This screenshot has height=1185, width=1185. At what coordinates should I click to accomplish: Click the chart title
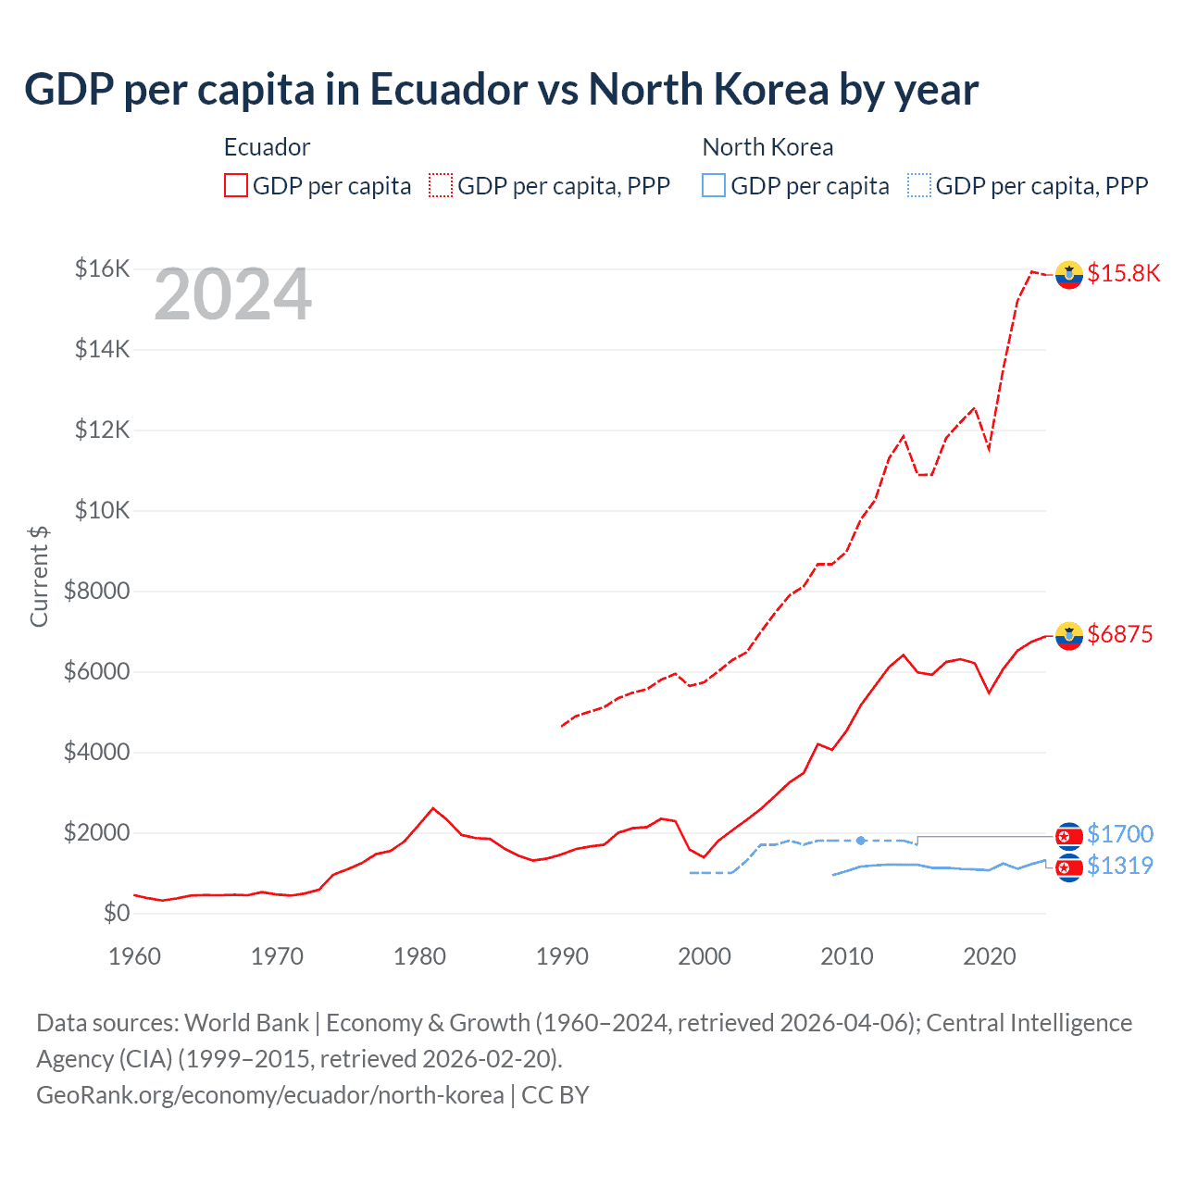(501, 90)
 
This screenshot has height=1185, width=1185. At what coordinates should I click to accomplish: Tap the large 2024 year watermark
(232, 295)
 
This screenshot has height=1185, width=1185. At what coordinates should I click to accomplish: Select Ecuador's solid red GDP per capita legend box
(236, 185)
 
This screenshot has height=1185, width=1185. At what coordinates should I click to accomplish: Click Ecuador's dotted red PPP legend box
(441, 185)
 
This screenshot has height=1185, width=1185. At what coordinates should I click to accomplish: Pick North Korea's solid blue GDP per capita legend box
(714, 185)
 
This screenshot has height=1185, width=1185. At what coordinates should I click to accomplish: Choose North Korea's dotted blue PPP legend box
(919, 185)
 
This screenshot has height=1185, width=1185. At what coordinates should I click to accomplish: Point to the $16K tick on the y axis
(102, 268)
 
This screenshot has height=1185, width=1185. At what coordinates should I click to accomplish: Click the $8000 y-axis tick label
(96, 591)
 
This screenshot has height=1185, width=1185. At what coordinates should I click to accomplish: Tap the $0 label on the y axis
(116, 913)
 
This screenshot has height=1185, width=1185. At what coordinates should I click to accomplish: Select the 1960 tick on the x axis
(135, 955)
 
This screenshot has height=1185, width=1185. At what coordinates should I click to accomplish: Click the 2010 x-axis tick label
(846, 955)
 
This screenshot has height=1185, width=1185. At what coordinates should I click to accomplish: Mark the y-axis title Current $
(39, 576)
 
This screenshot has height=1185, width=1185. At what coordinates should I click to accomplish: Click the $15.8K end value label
(1123, 273)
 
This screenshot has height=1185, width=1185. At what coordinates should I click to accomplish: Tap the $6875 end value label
(1119, 634)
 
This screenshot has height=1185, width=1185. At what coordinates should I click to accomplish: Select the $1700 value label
(1119, 834)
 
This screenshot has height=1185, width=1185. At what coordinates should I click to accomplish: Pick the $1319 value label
(1119, 866)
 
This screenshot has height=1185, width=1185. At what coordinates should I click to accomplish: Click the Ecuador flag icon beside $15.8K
(1069, 275)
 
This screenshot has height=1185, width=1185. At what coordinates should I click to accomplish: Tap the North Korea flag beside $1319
(1069, 867)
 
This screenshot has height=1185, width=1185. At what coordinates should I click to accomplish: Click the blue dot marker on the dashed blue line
(861, 841)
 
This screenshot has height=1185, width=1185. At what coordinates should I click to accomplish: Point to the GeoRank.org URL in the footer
(270, 1094)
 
